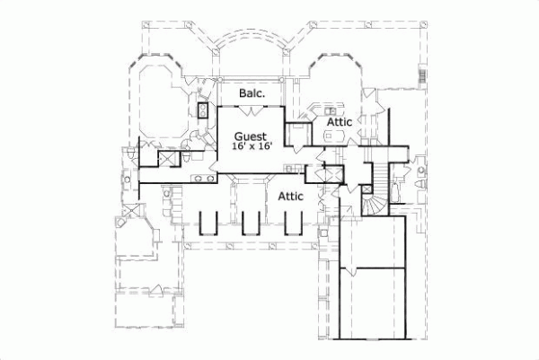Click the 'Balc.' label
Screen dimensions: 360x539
click(251, 92)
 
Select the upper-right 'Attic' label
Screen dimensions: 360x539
click(339, 120)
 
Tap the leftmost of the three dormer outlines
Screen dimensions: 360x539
click(207, 225)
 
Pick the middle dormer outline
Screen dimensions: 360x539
click(251, 225)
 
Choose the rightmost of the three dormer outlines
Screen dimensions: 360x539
click(294, 225)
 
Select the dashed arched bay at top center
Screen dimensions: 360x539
click(249, 49)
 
